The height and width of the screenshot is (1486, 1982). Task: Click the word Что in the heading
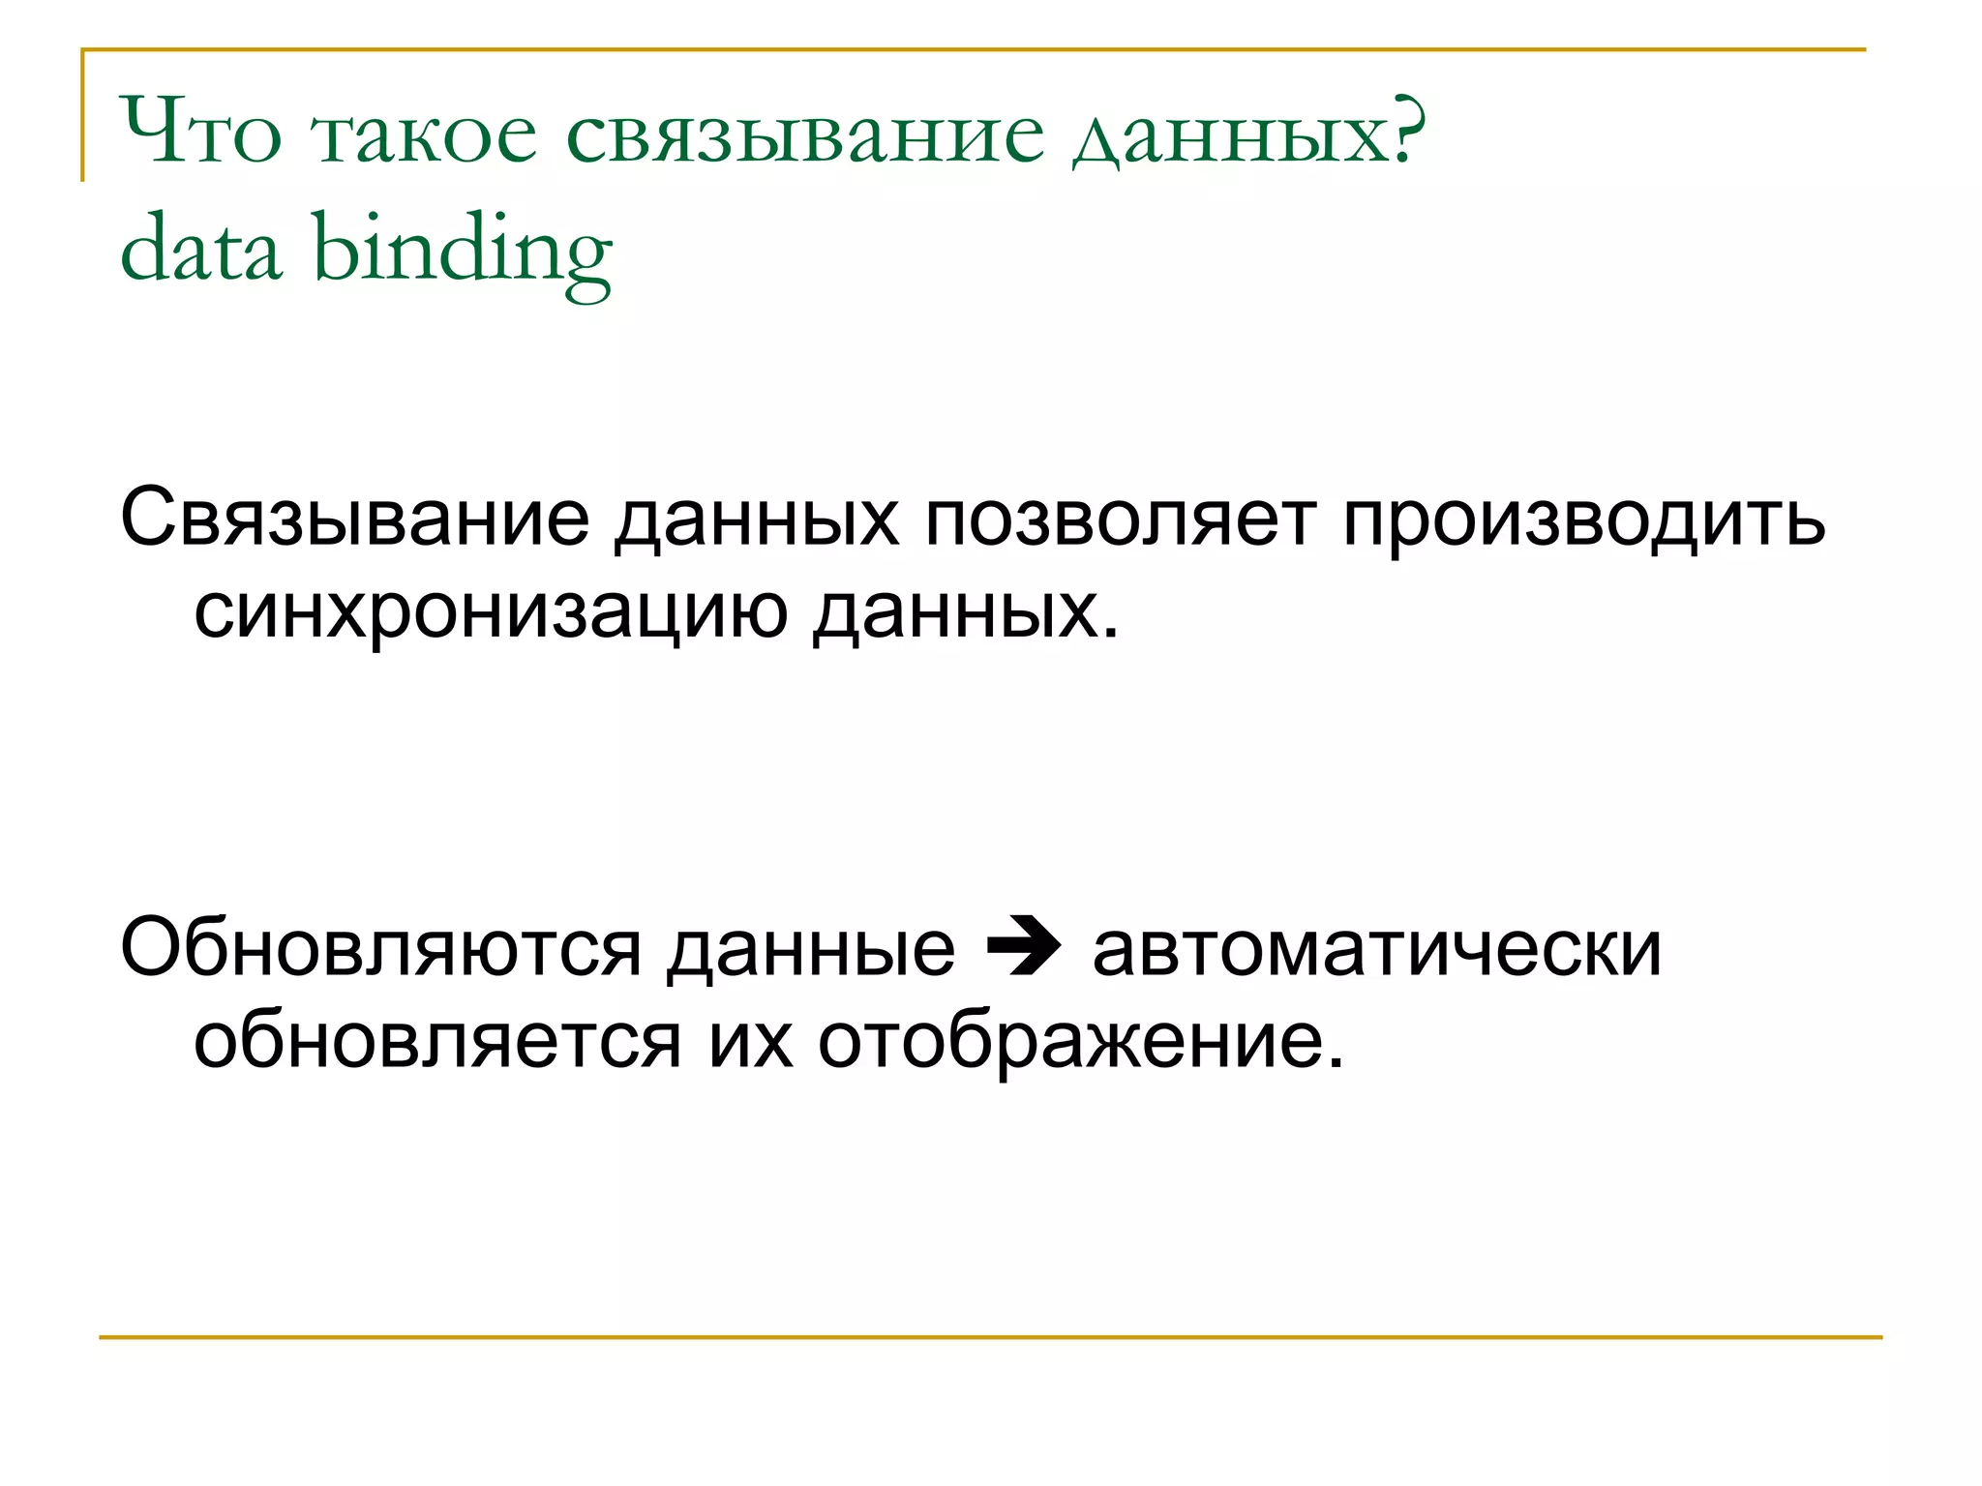tap(201, 132)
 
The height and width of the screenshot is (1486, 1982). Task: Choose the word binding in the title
tap(463, 253)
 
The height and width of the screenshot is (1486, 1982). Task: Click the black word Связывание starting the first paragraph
tap(354, 520)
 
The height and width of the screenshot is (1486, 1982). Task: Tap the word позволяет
tap(1120, 520)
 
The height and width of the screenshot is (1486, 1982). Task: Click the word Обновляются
tap(380, 949)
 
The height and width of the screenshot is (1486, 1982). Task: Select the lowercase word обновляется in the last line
tap(437, 1042)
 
